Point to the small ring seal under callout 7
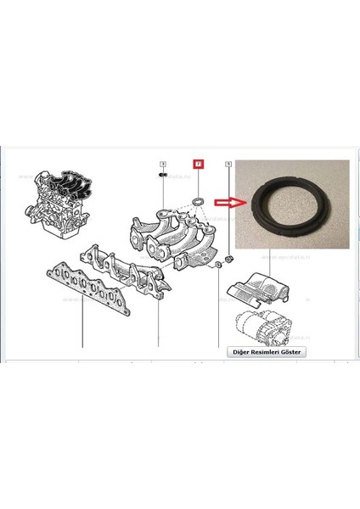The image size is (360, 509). [x=199, y=200]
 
